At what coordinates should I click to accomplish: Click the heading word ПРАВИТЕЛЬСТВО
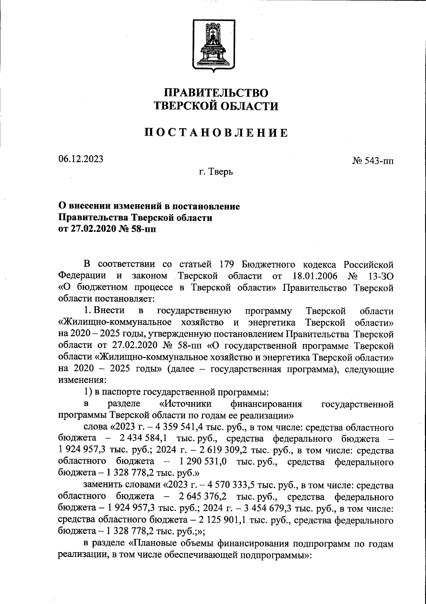coord(215,93)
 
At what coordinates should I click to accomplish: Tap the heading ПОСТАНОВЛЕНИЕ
coord(216,133)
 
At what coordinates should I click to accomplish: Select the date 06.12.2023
coord(81,159)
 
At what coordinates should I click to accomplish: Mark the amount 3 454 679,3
coord(271,508)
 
